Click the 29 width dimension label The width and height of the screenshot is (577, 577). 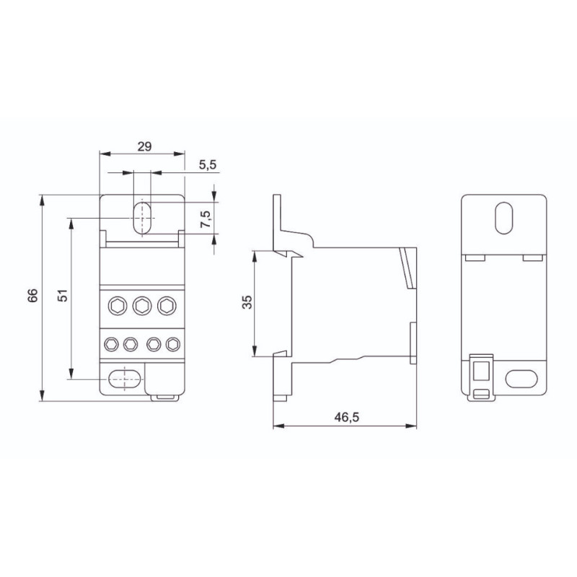pyautogui.click(x=144, y=146)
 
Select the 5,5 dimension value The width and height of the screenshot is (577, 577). pyautogui.click(x=208, y=164)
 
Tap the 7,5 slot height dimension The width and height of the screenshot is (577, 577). pyautogui.click(x=206, y=219)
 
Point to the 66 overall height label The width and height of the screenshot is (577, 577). pyautogui.click(x=32, y=296)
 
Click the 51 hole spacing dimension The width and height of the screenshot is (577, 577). pyautogui.click(x=63, y=295)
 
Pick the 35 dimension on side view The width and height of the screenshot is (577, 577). pyautogui.click(x=247, y=301)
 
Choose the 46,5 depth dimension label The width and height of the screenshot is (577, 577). pyautogui.click(x=346, y=418)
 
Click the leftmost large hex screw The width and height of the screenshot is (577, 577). pyautogui.click(x=118, y=306)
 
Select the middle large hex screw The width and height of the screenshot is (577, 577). pyautogui.click(x=142, y=306)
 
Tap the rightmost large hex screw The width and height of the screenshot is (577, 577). pyautogui.click(x=167, y=306)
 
